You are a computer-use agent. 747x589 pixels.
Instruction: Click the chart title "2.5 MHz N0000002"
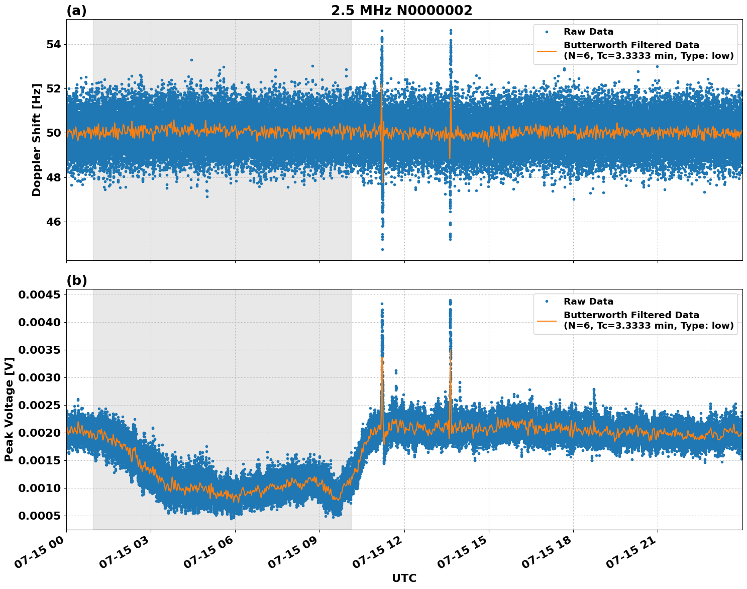pos(401,11)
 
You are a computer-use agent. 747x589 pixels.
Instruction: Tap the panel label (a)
pos(76,11)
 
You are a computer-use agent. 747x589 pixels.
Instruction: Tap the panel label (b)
pos(76,280)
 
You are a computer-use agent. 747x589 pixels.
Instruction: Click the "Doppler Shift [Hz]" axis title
pos(37,140)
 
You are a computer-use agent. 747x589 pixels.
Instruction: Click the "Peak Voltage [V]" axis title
pos(9,409)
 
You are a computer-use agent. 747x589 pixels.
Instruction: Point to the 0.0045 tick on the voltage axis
pos(39,294)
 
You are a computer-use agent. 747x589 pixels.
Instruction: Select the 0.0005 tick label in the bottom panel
pos(39,516)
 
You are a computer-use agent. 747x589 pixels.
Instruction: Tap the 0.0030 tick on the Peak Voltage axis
pos(39,377)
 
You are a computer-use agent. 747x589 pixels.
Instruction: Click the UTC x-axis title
pos(404,578)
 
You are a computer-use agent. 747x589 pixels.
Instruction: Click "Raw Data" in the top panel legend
pos(588,32)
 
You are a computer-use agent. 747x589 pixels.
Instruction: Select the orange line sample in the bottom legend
pos(547,321)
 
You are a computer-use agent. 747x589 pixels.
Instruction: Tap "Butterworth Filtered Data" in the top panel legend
pos(631,45)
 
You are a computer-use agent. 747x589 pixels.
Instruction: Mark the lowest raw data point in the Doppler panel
pos(382,249)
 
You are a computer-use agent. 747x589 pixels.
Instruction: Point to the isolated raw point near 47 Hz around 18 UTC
pos(574,199)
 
